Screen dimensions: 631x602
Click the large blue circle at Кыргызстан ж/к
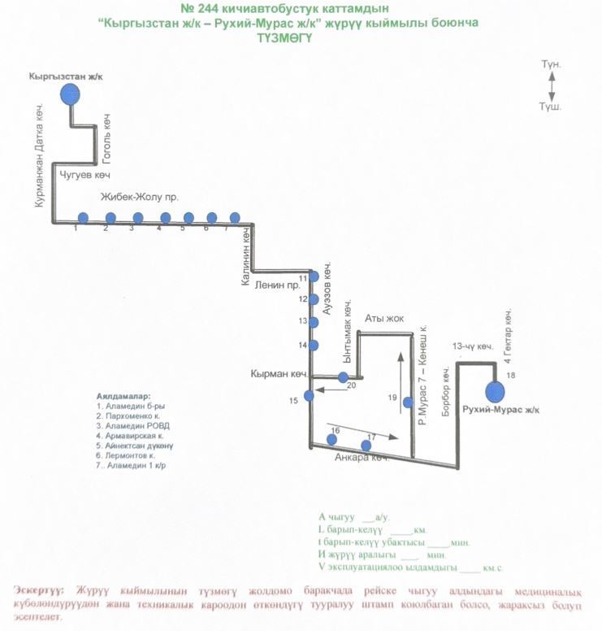pyautogui.click(x=71, y=94)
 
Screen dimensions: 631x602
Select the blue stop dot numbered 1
pyautogui.click(x=83, y=218)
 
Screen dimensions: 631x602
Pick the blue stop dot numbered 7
pyautogui.click(x=235, y=218)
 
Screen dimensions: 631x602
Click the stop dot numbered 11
pyautogui.click(x=312, y=277)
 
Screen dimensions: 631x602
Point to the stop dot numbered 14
pyautogui.click(x=312, y=345)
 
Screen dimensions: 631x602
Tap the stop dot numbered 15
pyautogui.click(x=309, y=396)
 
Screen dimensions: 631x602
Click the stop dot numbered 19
pyautogui.click(x=405, y=398)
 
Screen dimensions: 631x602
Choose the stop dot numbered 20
pyautogui.click(x=343, y=377)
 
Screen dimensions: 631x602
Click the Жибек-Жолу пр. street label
pyautogui.click(x=139, y=198)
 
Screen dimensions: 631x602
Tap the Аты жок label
pyautogui.click(x=384, y=318)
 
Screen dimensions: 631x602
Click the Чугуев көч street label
pyautogui.click(x=85, y=175)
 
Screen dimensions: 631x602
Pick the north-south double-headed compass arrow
pyautogui.click(x=552, y=85)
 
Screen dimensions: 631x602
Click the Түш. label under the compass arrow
pyautogui.click(x=552, y=107)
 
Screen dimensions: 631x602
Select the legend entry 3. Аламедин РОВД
pyautogui.click(x=134, y=425)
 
